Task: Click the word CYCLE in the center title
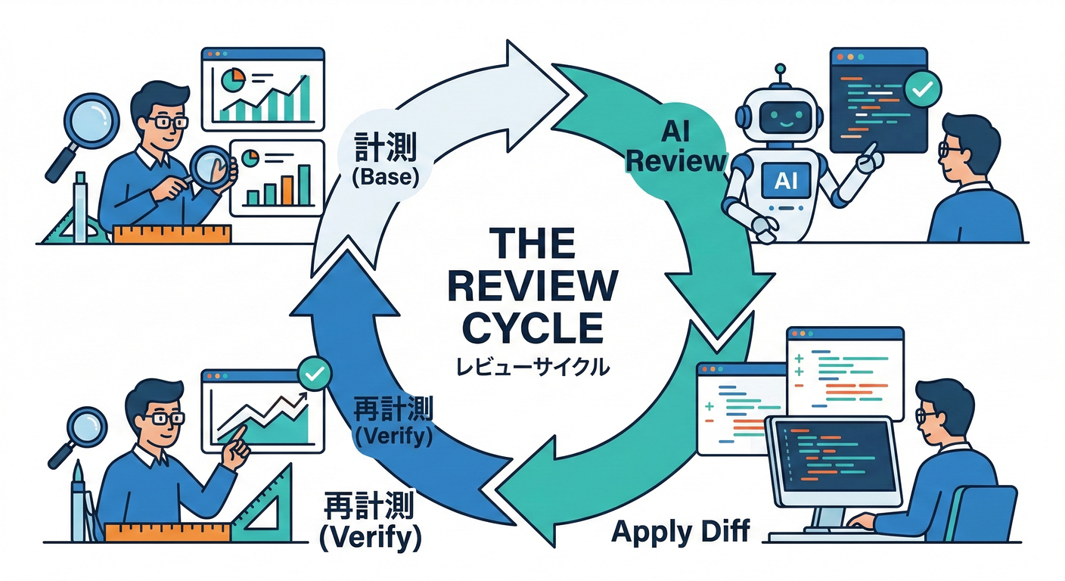(532, 329)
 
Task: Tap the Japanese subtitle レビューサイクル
(532, 368)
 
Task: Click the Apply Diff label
(680, 531)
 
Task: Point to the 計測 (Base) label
(385, 162)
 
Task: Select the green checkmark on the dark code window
(922, 89)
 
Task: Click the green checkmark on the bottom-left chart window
(313, 372)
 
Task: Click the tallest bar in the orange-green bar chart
(304, 185)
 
